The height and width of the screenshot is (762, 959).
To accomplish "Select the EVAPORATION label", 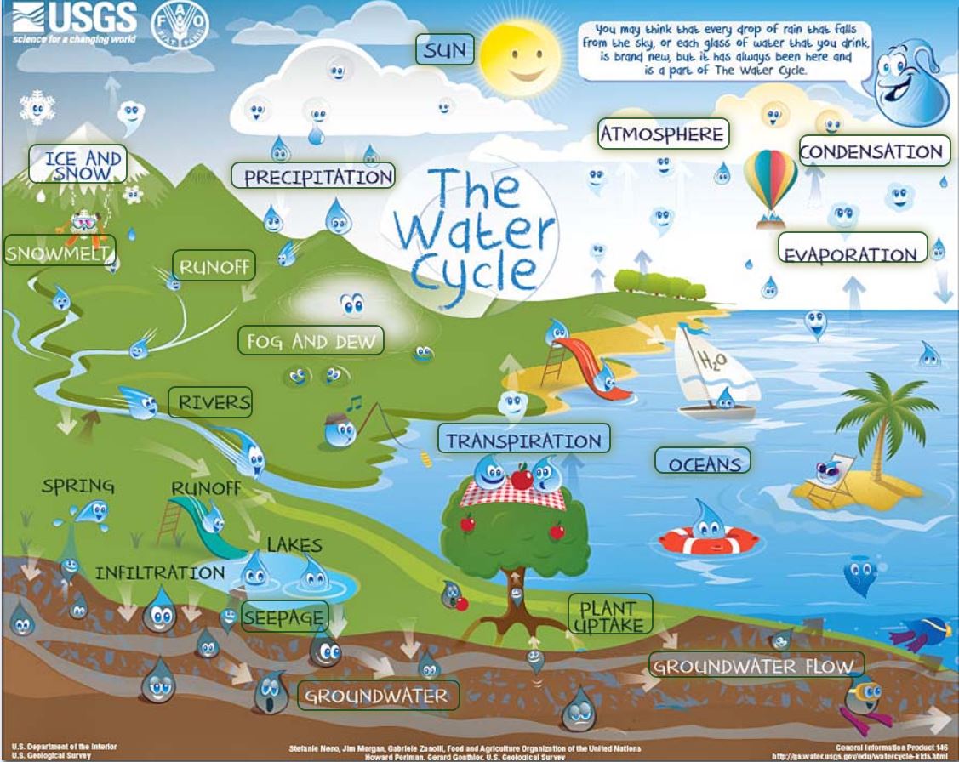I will coord(851,253).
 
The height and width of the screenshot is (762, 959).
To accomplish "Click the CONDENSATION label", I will coord(871,151).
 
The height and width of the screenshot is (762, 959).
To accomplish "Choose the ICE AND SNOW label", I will coord(77,164).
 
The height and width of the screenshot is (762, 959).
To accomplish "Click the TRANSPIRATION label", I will coord(524,441).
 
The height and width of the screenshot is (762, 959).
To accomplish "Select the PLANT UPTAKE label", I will coord(610,615).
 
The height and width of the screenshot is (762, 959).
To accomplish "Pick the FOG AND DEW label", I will coord(311,341).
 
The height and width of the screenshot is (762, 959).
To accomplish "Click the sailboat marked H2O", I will coord(711,374).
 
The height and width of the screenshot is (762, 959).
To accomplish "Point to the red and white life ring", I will coord(707,539).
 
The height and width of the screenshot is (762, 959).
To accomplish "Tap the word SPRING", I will coord(78,486).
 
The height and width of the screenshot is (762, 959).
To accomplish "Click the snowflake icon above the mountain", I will coord(37,107).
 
